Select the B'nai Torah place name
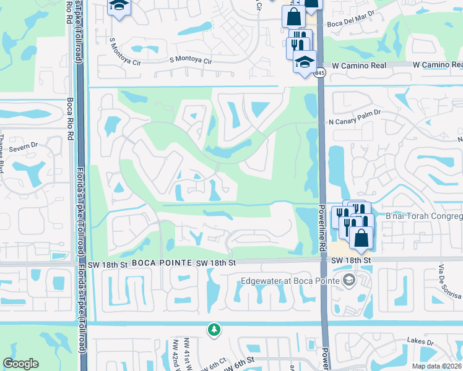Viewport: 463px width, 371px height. click(424, 216)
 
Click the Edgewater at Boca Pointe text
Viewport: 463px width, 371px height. click(290, 281)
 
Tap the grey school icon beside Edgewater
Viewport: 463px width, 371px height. click(348, 281)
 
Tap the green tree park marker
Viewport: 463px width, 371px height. click(214, 330)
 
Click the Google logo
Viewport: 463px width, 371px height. click(21, 364)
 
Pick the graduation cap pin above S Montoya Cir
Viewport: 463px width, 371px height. click(117, 7)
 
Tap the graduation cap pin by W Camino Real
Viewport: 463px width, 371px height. click(304, 62)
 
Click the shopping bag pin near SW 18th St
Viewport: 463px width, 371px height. click(361, 237)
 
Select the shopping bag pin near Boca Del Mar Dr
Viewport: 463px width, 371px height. click(293, 17)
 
